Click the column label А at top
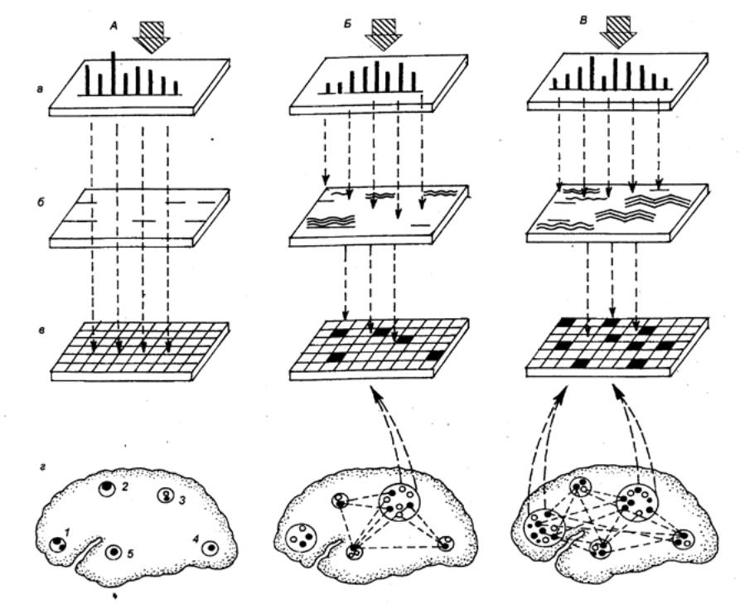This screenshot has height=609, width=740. tap(114, 27)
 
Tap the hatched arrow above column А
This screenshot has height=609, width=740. tap(150, 36)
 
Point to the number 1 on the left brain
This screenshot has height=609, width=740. tap(67, 533)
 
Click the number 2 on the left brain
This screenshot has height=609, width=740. tap(124, 487)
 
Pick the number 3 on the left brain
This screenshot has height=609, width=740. tap(182, 500)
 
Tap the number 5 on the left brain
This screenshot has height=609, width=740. tap(130, 553)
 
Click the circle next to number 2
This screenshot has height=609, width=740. tap(107, 488)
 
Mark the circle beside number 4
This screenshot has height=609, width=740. tap(210, 549)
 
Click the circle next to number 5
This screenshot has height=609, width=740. tap(114, 551)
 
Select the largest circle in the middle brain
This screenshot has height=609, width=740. tap(399, 502)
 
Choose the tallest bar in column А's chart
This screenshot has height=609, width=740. tap(114, 73)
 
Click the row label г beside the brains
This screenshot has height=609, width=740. tap(42, 468)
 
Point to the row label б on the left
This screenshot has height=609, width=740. tap(41, 204)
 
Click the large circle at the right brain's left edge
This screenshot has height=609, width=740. tap(544, 529)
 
